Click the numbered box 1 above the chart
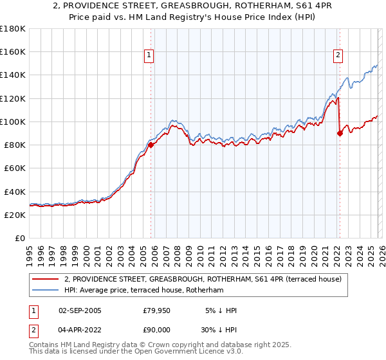tap(149, 56)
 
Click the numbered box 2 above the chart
tap(338, 56)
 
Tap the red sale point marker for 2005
tap(151, 145)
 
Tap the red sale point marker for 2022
tap(340, 133)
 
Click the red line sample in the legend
tap(44, 279)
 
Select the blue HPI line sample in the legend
tap(44, 291)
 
